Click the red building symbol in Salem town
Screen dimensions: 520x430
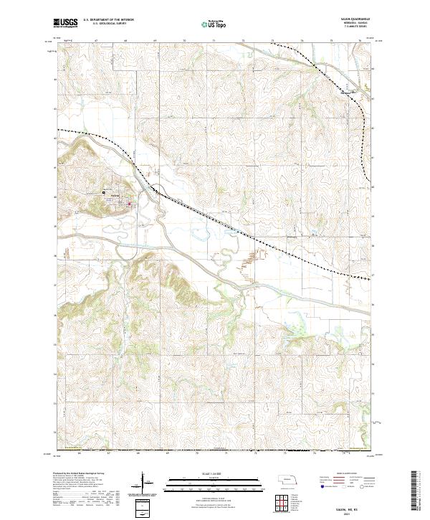point(129,206)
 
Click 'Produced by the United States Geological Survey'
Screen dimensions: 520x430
point(77,474)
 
